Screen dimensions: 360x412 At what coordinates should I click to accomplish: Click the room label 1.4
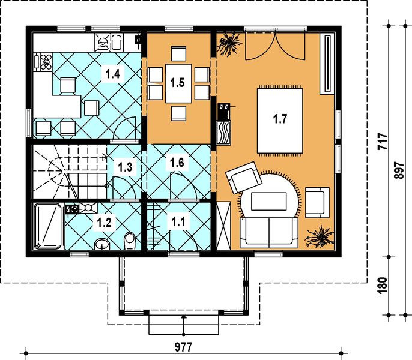(112, 74)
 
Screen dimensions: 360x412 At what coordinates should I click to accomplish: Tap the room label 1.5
(177, 82)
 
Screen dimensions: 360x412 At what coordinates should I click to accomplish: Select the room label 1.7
(279, 119)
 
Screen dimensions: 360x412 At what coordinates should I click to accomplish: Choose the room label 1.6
(177, 162)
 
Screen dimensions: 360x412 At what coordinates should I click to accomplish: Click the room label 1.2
(105, 222)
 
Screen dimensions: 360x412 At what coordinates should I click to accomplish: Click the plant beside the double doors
(229, 44)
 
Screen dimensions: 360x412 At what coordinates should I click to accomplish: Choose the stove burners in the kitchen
(44, 61)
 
